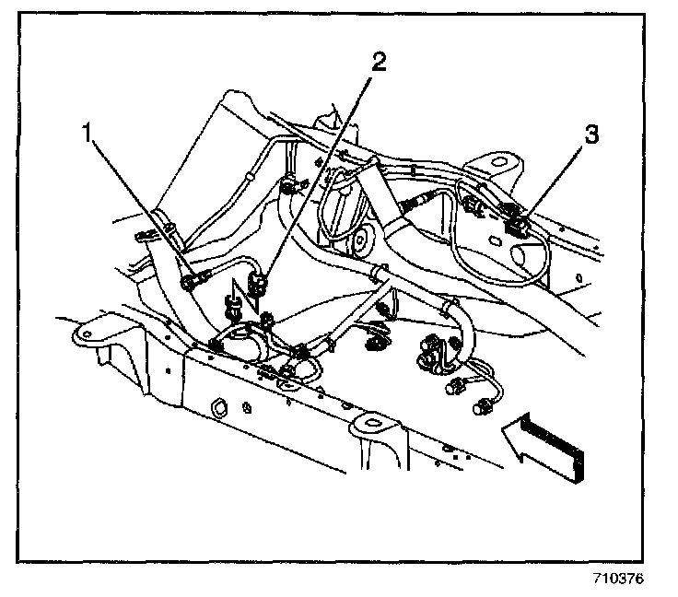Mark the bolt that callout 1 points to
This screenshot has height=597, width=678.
[x=190, y=282]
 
